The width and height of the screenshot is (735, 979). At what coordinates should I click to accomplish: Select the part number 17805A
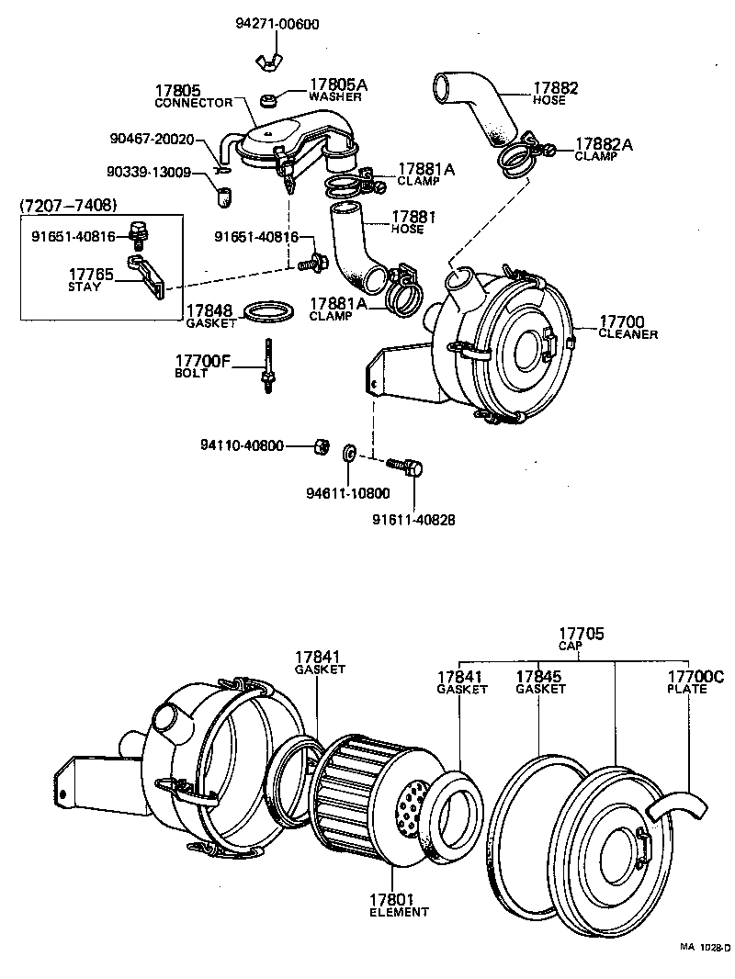point(337,84)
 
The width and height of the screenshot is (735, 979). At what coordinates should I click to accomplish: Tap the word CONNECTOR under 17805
point(192,103)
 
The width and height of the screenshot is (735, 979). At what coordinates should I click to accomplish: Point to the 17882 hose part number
point(556,88)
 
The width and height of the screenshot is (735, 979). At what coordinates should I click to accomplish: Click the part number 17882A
point(604,144)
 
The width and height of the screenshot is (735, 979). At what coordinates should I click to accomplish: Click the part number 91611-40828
point(413,519)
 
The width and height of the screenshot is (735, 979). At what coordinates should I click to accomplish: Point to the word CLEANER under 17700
point(628,334)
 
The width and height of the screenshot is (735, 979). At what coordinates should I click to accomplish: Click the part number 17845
point(539,677)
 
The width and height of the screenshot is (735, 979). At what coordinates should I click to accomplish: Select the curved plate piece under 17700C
point(676,807)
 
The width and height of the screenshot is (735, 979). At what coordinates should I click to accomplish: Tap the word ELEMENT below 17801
point(399,912)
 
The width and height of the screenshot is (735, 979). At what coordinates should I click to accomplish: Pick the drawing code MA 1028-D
point(705,947)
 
